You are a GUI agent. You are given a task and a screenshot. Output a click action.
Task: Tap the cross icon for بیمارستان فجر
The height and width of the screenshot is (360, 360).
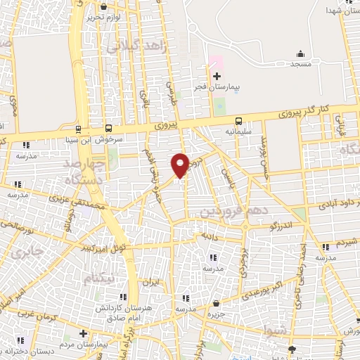point(217,75)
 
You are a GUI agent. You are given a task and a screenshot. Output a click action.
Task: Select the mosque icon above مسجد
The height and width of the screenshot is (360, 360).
point(300,54)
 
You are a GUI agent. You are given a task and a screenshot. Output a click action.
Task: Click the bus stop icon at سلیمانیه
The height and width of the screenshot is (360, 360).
point(239,120)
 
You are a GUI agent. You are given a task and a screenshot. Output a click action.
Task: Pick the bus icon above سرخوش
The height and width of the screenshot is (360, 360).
point(108,129)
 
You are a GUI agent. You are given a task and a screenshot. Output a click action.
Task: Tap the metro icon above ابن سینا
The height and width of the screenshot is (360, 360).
point(77,129)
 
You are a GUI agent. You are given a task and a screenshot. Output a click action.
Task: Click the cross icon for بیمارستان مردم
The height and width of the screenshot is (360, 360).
point(84,333)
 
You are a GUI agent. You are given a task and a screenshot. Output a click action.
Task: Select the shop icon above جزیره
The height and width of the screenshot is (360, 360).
point(216,304)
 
